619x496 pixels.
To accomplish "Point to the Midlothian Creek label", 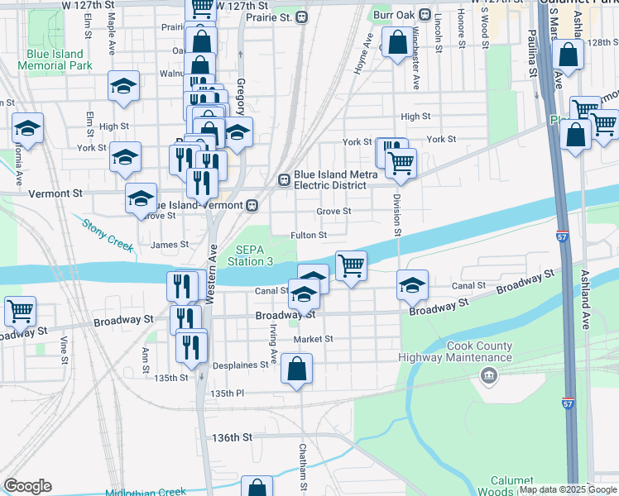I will (x=150, y=492).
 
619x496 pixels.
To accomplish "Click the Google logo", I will (x=27, y=486).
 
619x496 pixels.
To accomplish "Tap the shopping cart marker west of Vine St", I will (x=19, y=312).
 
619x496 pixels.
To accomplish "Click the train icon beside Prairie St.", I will (x=303, y=17).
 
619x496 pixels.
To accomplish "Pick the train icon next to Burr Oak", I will (x=425, y=15).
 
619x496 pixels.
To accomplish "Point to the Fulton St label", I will (x=309, y=236).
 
